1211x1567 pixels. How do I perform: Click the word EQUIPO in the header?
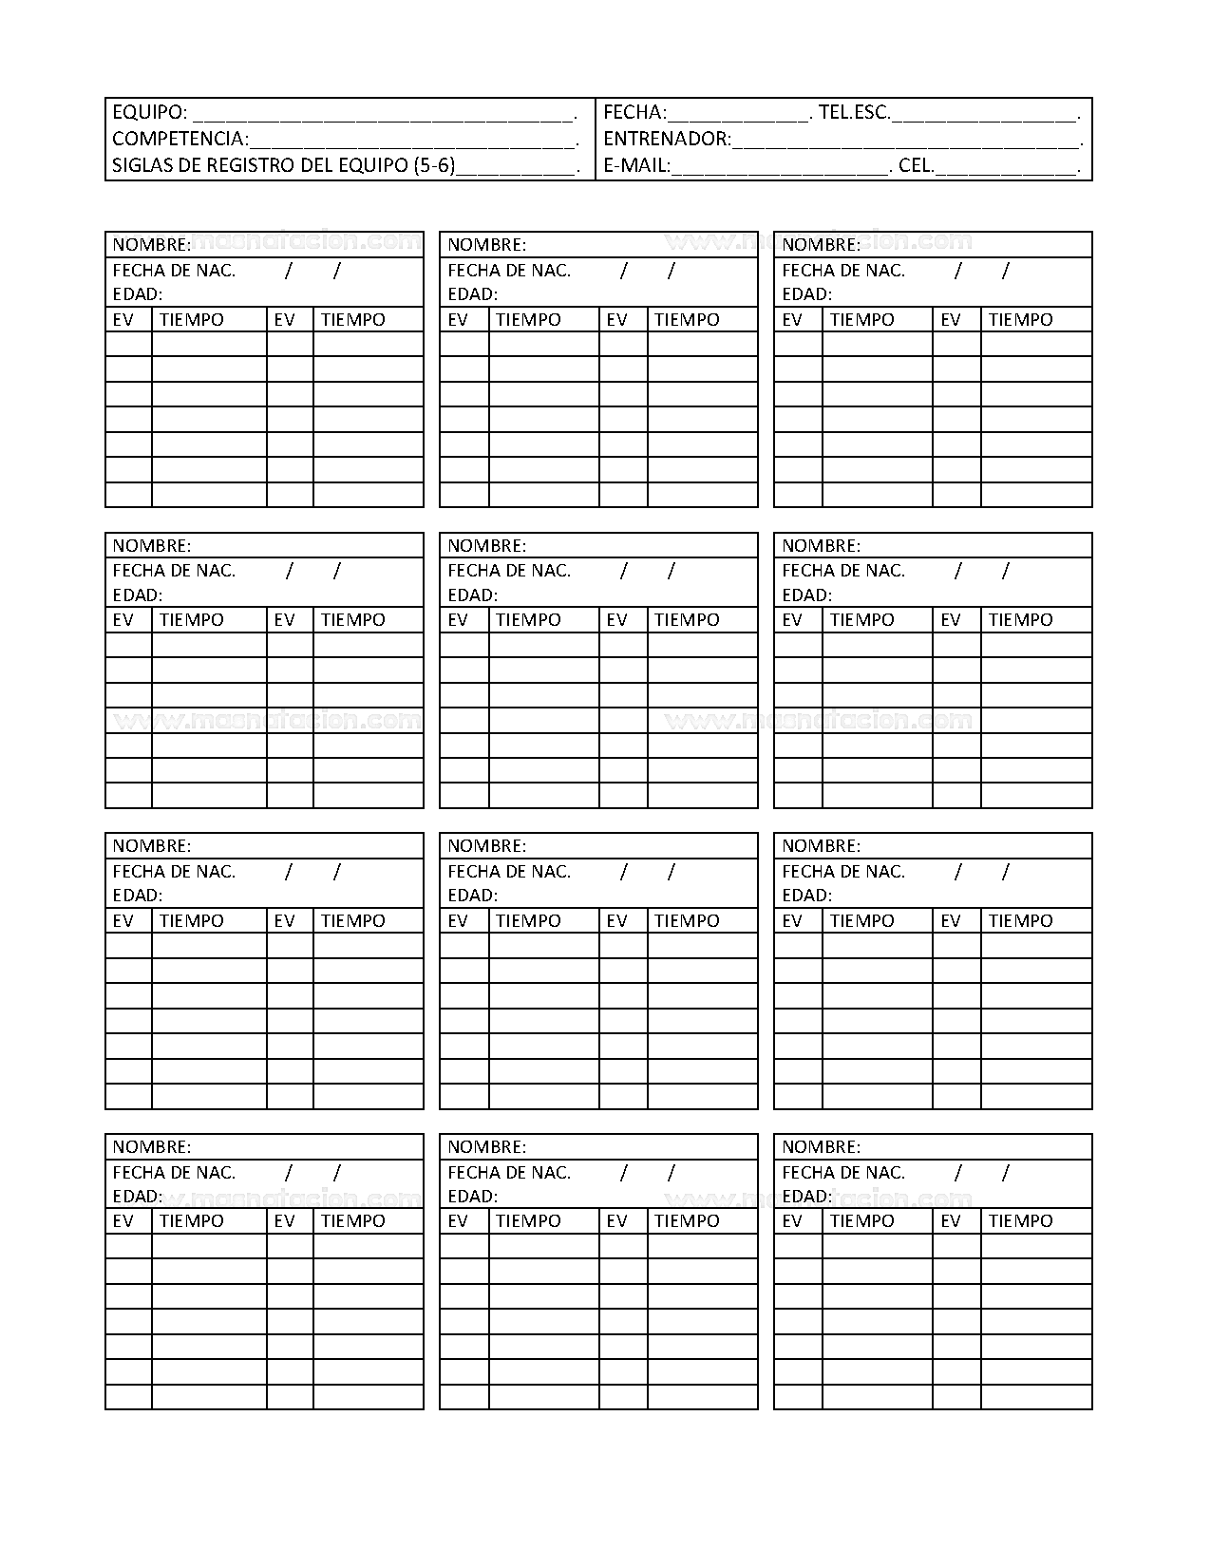point(149,112)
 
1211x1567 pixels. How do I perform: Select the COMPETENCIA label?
point(180,139)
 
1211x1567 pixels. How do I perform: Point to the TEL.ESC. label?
point(854,112)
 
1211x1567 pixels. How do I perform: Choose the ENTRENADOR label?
point(667,139)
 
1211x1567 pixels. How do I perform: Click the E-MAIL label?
point(636,165)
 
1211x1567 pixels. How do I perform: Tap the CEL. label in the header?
point(916,165)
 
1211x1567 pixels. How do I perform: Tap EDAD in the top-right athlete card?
point(806,294)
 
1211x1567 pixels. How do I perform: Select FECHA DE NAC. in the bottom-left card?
point(174,1172)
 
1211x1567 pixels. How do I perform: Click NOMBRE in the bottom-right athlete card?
point(821,1146)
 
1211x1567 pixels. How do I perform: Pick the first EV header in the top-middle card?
point(458,320)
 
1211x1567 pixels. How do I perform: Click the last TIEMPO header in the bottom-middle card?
point(687,1221)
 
